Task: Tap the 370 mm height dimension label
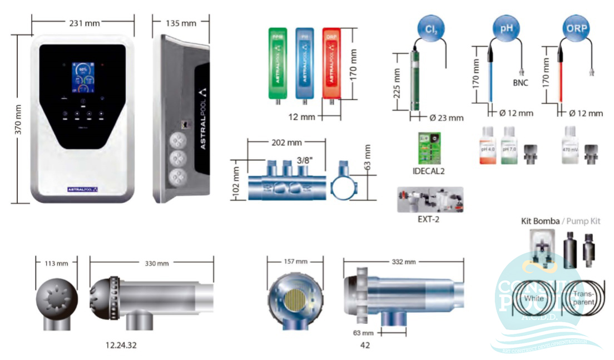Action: click(x=18, y=119)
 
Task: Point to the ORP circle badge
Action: click(x=577, y=29)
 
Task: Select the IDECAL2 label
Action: click(x=429, y=171)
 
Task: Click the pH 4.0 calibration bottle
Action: click(x=488, y=146)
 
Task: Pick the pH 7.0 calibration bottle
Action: click(x=509, y=146)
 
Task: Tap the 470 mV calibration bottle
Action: click(x=568, y=146)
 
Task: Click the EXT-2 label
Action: click(x=429, y=220)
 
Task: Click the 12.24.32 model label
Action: click(x=121, y=346)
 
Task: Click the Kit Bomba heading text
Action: click(x=540, y=221)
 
